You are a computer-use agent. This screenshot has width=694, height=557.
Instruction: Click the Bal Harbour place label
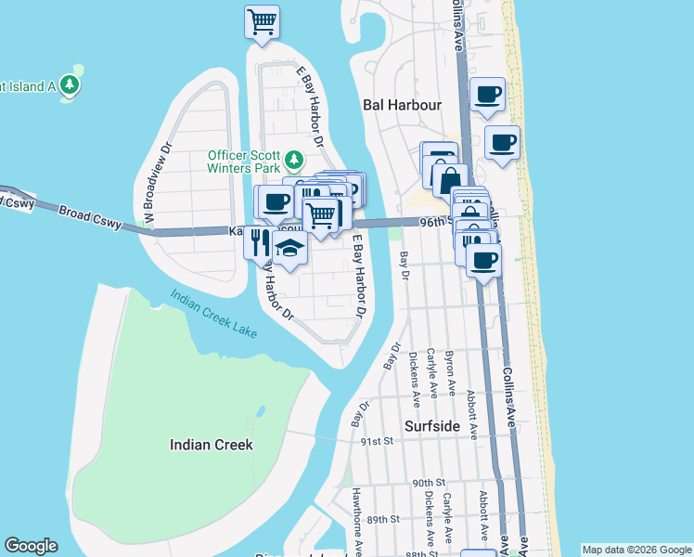point(401,105)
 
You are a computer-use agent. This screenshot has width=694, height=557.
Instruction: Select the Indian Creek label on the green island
point(212,445)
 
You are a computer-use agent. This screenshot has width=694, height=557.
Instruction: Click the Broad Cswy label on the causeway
point(90,218)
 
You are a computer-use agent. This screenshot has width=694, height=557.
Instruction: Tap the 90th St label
point(430,483)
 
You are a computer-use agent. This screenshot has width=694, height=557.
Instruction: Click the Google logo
point(31,546)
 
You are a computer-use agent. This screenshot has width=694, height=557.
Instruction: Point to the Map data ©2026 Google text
point(636,550)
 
